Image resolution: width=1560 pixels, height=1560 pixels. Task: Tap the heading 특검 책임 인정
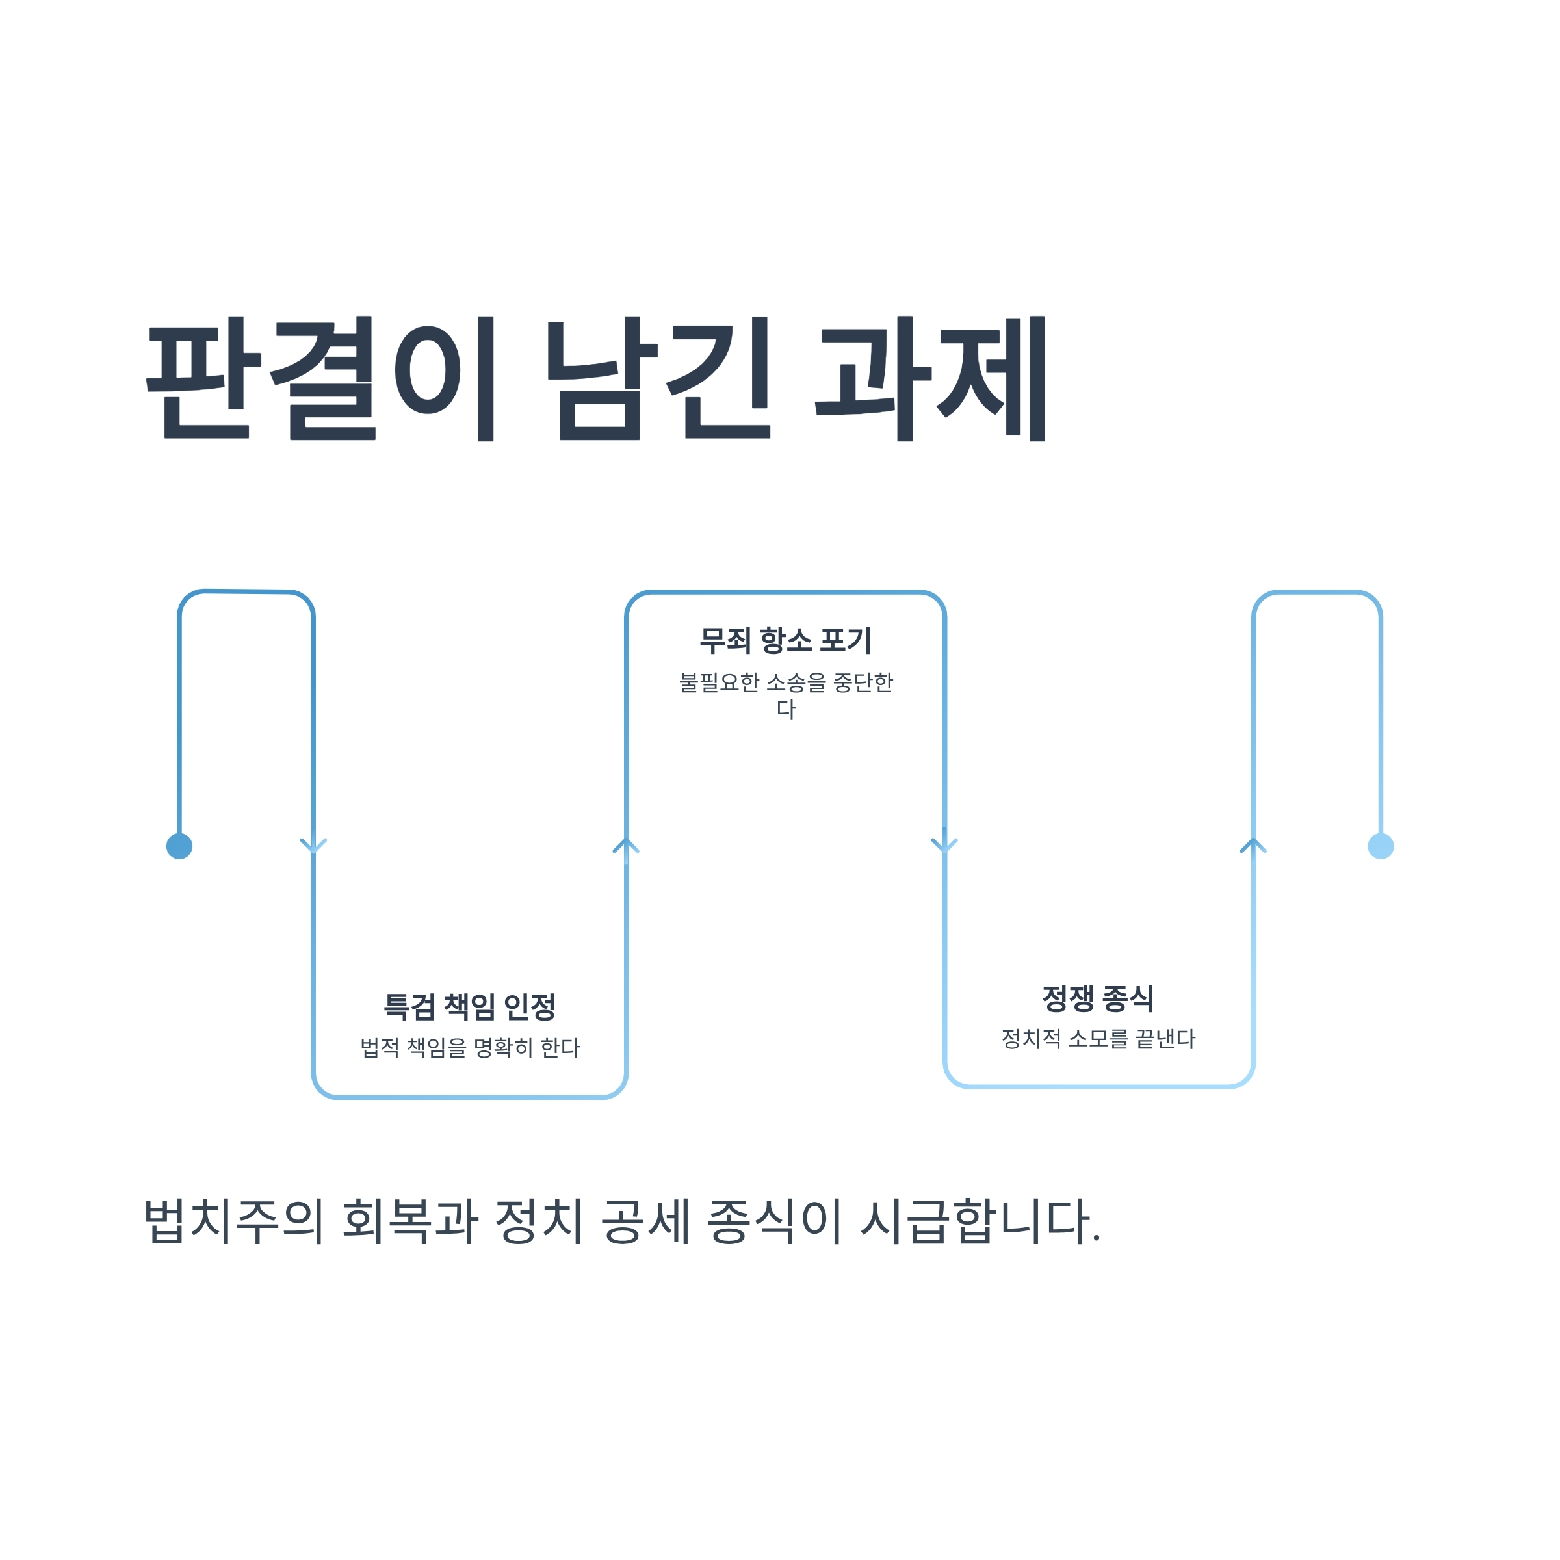[x=469, y=1007]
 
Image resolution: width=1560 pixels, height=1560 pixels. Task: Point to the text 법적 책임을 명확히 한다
[x=470, y=1048]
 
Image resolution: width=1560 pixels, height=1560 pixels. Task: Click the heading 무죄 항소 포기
[x=785, y=641]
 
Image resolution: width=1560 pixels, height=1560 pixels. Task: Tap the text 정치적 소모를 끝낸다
[x=1098, y=1039]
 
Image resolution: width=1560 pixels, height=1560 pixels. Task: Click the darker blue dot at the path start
[x=179, y=846]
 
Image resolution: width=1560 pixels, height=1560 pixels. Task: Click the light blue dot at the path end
[x=1381, y=846]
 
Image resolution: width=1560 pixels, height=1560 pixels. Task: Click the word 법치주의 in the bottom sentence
[x=233, y=1220]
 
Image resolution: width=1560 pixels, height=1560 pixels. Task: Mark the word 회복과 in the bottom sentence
[x=410, y=1220]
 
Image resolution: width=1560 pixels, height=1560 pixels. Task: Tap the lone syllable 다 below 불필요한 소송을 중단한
[x=786, y=710]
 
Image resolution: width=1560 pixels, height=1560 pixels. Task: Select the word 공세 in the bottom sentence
[x=646, y=1220]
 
